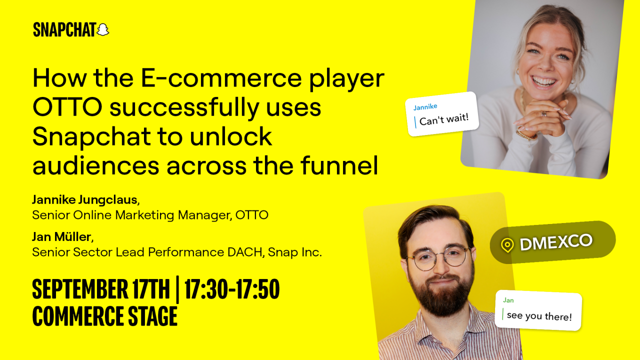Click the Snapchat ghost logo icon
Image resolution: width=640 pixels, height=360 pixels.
coord(102,29)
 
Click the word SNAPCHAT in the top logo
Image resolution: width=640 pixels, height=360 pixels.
coord(64,30)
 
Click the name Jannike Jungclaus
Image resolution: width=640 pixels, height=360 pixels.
coord(84,200)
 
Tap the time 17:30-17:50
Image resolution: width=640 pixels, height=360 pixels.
coord(232,290)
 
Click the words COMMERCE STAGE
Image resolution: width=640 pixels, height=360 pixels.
coord(105,316)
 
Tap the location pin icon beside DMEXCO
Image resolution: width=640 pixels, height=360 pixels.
coord(507,245)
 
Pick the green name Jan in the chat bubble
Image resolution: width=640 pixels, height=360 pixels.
coord(508,300)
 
